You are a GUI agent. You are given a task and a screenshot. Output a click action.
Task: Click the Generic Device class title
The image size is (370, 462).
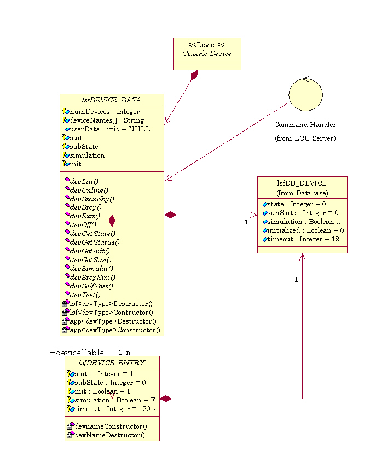(x=206, y=54)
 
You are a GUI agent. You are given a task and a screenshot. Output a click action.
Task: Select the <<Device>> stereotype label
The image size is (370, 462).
(x=206, y=44)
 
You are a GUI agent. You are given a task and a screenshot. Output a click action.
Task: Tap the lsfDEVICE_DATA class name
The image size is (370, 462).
(x=111, y=100)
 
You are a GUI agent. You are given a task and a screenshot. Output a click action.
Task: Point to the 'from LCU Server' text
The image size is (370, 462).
(x=305, y=138)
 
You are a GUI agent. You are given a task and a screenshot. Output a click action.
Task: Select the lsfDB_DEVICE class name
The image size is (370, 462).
(x=302, y=183)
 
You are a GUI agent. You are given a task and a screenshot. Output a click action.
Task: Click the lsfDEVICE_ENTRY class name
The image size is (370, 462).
(x=112, y=362)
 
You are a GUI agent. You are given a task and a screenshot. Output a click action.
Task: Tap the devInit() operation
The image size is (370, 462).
(x=84, y=181)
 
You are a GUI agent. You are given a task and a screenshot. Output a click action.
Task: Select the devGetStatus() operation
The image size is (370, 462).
(x=94, y=242)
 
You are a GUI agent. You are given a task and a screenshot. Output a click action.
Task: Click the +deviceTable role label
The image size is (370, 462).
(x=77, y=353)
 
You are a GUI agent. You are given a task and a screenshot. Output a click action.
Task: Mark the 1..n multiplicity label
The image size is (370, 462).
(x=124, y=352)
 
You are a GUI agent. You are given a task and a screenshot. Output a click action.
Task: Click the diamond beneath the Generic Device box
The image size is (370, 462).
(x=194, y=76)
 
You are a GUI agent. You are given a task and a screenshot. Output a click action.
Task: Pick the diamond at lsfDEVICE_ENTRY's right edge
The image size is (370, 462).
(x=165, y=399)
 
